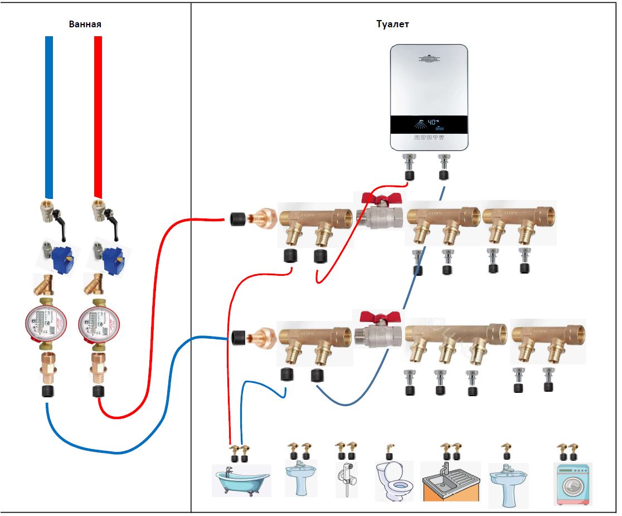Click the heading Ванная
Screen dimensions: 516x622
click(85, 25)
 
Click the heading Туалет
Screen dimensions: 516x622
click(392, 25)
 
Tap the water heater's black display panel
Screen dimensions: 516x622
click(429, 125)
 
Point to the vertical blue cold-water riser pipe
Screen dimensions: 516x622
click(49, 117)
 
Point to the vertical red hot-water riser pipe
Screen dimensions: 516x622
click(98, 117)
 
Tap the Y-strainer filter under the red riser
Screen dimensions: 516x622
click(94, 284)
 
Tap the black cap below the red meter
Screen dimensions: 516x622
click(98, 391)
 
